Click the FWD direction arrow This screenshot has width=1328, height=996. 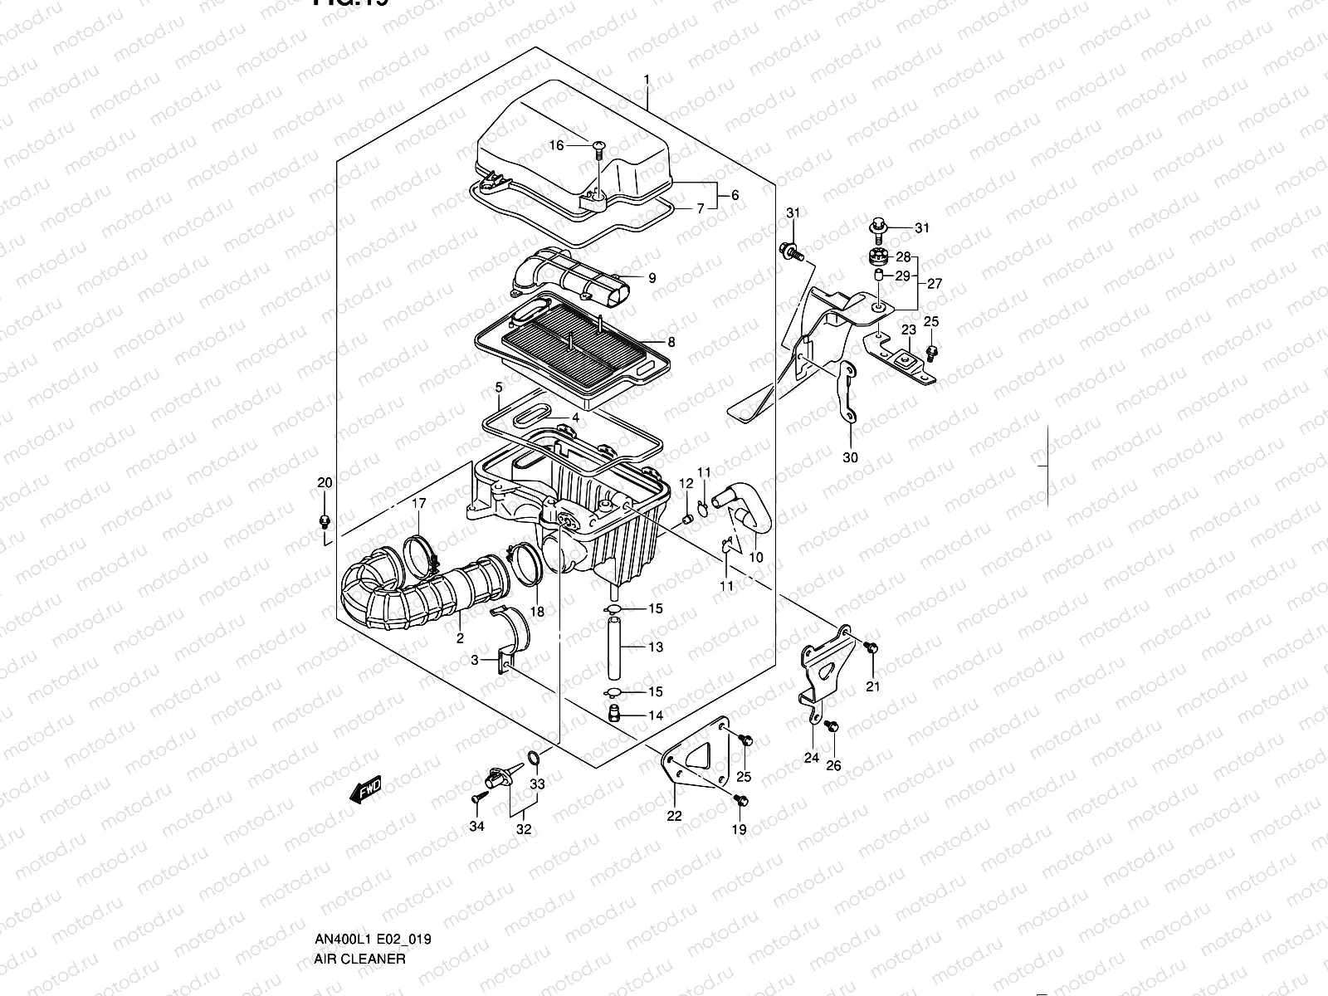366,789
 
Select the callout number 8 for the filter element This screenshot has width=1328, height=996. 671,342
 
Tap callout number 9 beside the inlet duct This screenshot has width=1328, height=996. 652,278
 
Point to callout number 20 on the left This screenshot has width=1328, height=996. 325,483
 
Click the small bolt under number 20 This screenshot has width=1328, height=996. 325,521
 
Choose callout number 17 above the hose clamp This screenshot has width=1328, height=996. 419,503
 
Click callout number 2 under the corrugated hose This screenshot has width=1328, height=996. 459,637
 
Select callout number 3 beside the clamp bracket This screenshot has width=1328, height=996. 474,660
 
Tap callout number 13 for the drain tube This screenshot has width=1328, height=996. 656,647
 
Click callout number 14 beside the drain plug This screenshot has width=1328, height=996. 656,715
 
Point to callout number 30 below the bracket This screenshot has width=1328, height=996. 850,457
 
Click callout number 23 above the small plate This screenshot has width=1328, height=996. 909,330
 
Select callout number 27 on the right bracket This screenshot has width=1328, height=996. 935,284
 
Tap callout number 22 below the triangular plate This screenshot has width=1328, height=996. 674,816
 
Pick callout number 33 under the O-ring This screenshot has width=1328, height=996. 538,784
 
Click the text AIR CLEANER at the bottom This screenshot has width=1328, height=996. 359,889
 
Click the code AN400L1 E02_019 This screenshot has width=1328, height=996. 372,869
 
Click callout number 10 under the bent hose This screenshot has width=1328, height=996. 755,558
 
